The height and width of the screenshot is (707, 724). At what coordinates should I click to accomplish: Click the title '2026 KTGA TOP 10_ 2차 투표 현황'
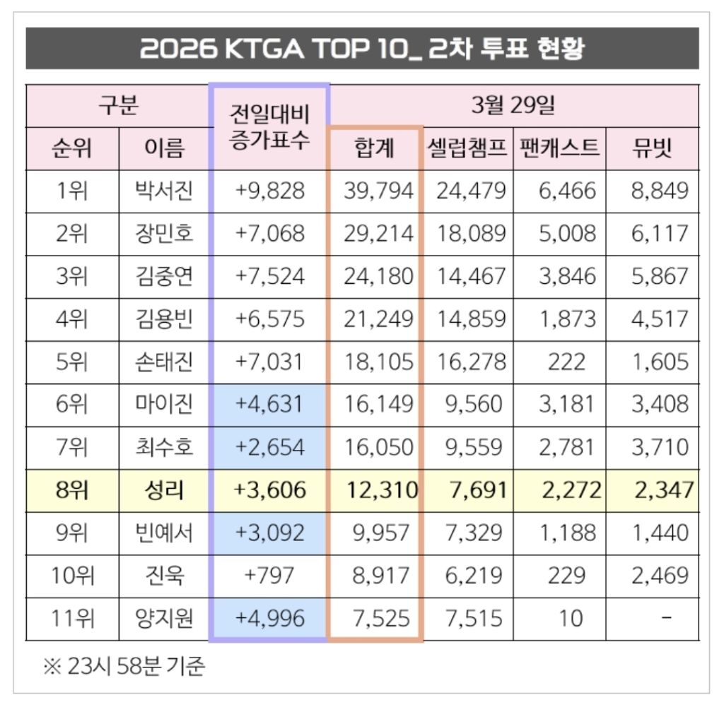tap(361, 49)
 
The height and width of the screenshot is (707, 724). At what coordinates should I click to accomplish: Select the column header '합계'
tap(375, 148)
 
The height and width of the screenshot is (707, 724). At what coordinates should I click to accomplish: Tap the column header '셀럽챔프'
tap(467, 148)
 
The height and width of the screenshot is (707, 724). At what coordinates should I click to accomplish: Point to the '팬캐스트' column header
tap(559, 148)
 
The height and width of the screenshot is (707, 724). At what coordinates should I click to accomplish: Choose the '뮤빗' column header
tap(651, 148)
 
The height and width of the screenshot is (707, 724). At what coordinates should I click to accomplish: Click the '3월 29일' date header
tap(513, 106)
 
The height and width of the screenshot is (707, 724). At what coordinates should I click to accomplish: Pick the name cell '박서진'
tap(164, 191)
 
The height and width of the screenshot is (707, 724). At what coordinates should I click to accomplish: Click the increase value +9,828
tap(269, 191)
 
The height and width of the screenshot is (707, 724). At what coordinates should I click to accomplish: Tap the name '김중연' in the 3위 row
tap(164, 276)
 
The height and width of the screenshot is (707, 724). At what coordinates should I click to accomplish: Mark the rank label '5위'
tap(72, 362)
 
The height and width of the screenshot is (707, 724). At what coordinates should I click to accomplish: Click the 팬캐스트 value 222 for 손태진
tap(566, 362)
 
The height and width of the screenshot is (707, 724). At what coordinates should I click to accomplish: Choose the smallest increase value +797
tap(269, 576)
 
